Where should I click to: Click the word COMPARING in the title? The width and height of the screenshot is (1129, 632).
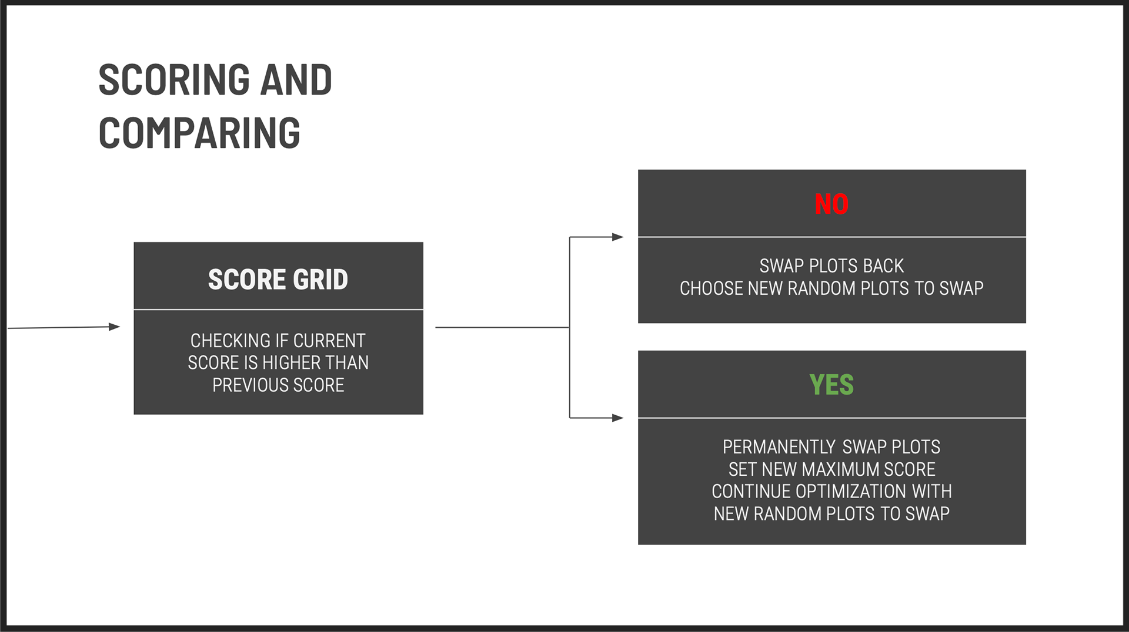199,133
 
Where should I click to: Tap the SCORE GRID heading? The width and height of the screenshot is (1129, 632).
278,279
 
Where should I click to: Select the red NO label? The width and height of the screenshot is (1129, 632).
831,204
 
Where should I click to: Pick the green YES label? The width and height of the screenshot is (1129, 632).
831,385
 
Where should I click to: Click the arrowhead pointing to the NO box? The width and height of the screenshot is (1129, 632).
617,237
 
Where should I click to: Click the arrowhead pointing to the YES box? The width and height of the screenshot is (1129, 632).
617,418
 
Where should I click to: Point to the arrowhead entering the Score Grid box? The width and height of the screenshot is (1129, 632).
115,327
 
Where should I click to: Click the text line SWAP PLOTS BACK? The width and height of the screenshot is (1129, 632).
831,266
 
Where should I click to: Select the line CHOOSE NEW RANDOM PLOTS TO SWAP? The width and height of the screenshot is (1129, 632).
831,288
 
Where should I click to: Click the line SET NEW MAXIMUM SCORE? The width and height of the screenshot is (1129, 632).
831,469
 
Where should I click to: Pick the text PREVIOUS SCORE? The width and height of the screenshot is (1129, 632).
278,385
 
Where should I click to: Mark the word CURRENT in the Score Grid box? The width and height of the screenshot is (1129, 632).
329,341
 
